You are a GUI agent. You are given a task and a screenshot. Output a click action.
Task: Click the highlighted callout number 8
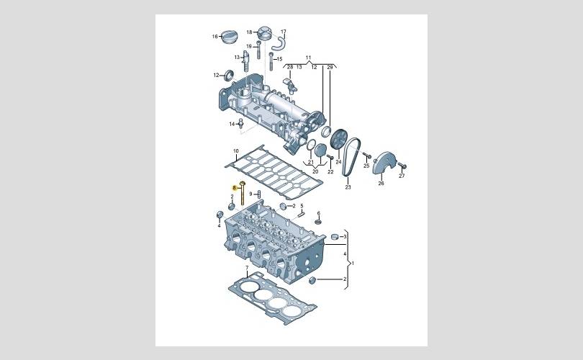point(234,188)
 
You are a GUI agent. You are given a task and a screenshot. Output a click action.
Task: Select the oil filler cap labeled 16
point(230,37)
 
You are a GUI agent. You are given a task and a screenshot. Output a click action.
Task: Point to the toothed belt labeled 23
point(351,156)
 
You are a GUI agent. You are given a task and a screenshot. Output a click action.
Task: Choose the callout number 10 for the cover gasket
point(236,151)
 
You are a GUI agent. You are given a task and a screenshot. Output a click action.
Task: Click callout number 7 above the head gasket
point(247,268)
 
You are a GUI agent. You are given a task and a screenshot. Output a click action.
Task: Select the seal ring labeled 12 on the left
point(228,75)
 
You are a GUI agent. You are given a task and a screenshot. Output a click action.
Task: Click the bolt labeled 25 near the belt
point(366,155)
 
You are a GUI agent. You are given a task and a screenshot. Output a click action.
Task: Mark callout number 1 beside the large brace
point(353,264)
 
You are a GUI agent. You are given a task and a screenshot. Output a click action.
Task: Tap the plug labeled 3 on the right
point(334,236)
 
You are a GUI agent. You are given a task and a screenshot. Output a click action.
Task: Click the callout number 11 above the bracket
point(308,58)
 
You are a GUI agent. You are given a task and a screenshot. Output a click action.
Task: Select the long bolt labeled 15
point(271,61)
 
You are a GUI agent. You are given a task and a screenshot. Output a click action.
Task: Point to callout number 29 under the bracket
point(330,67)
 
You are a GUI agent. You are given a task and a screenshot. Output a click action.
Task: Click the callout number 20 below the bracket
point(315,171)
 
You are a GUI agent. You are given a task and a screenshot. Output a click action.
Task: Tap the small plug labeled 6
point(317,222)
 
